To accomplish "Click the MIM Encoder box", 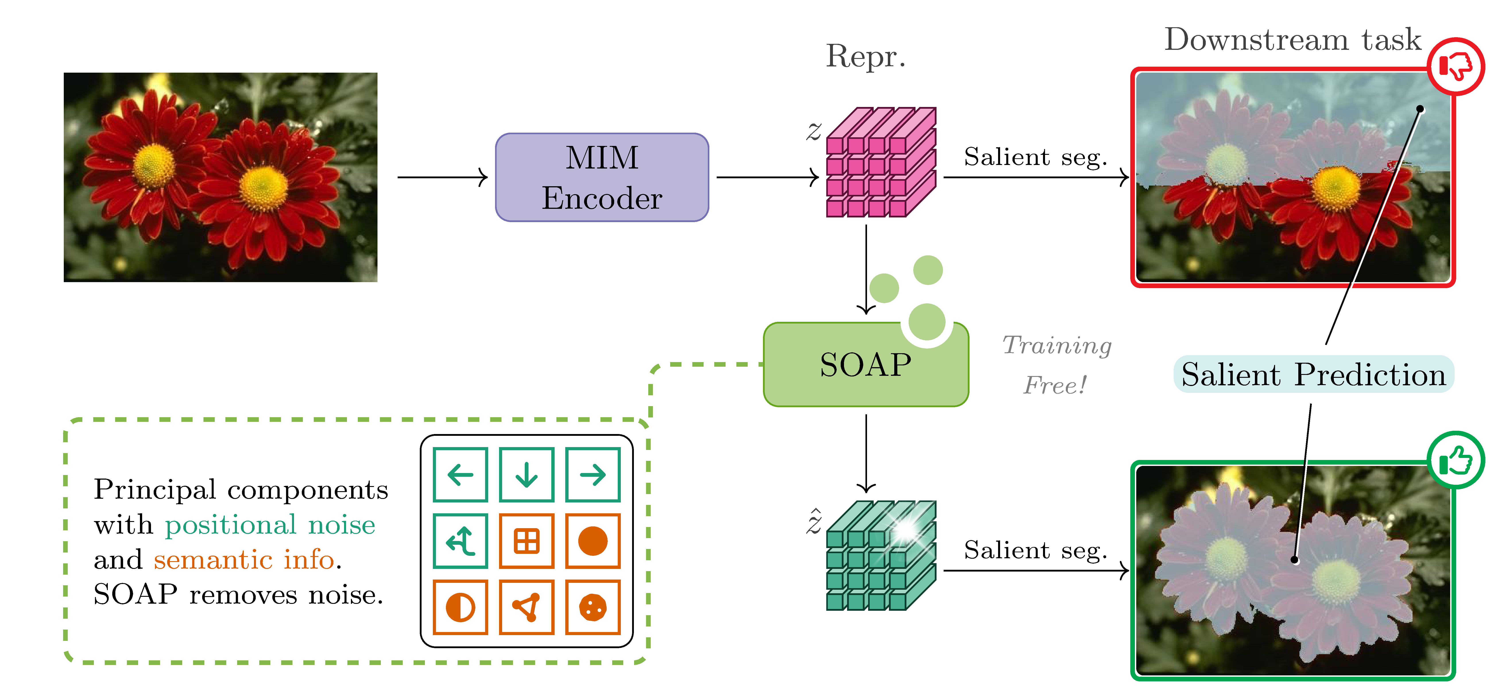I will [602, 178].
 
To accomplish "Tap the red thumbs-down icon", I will [1455, 66].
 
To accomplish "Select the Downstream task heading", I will [1292, 40].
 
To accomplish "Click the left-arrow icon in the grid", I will [460, 475].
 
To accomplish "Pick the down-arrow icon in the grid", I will [526, 475].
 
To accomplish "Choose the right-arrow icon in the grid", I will [593, 475].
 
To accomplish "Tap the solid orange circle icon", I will [593, 541].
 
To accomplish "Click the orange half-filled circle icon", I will [460, 607].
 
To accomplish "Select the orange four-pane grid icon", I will [526, 541].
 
